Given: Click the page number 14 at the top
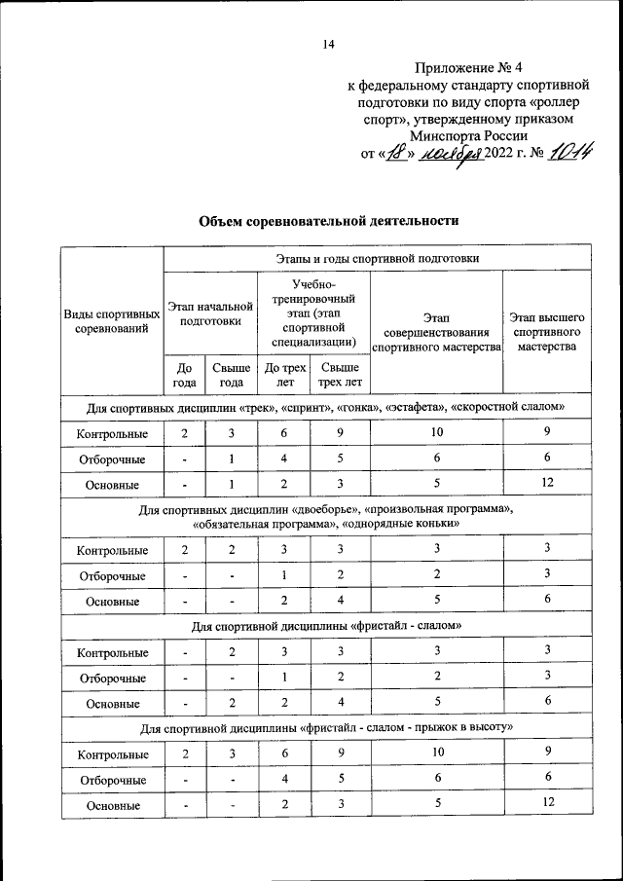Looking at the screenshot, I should (328, 43).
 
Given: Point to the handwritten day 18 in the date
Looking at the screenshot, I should (395, 153).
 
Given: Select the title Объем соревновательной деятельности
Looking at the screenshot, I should (328, 221).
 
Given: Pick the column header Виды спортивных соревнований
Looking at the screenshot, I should (112, 321).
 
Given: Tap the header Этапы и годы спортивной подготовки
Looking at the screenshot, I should (376, 258).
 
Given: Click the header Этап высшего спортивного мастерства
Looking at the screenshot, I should (546, 331).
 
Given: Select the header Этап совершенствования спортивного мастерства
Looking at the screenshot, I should (436, 331).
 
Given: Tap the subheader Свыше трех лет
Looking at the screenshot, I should (340, 375).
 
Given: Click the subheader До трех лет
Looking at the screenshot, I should (282, 375).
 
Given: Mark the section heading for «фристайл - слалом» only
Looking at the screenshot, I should (328, 625).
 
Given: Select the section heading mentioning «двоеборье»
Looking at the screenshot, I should (328, 516).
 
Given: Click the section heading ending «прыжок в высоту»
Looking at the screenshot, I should (328, 727).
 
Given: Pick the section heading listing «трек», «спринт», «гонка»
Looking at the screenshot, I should (328, 406).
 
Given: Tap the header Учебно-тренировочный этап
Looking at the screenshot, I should (311, 312).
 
